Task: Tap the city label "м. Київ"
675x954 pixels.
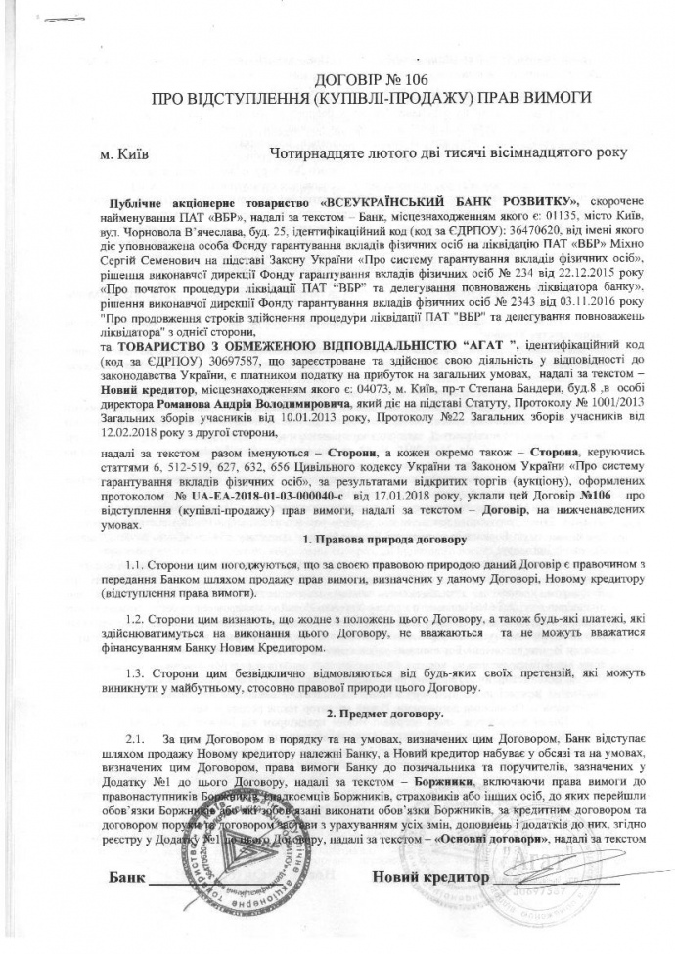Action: [124, 153]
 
